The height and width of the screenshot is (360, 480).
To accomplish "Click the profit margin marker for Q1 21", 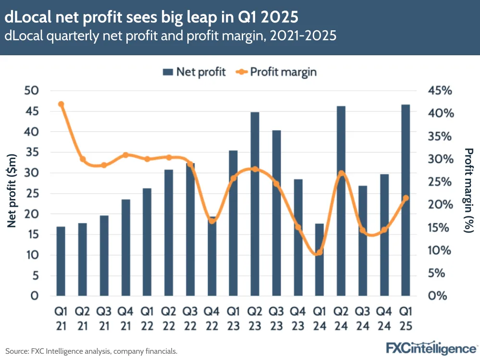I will [x=61, y=104].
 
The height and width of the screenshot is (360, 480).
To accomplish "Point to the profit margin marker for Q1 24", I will [x=320, y=252].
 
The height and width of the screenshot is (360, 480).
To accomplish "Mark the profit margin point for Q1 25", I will [x=406, y=198].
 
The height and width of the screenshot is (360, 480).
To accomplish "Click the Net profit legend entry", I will [x=194, y=72].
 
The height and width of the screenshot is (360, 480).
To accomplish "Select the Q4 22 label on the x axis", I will [x=212, y=319].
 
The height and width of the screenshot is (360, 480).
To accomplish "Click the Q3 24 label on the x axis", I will [x=363, y=319].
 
